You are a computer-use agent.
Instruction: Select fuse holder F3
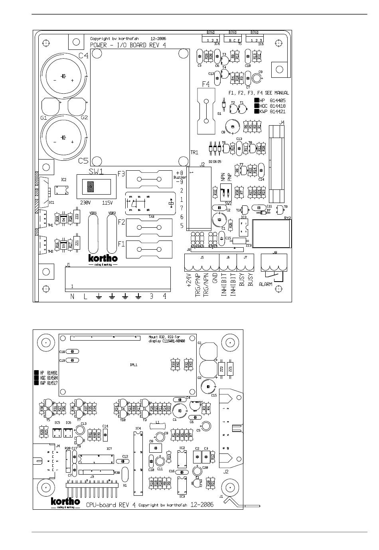click(148, 179)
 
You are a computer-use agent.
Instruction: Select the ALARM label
click(265, 284)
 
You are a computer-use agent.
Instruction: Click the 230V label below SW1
click(86, 202)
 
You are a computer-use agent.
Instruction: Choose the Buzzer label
click(180, 177)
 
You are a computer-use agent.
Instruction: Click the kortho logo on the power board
click(103, 259)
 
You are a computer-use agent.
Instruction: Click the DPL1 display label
click(134, 365)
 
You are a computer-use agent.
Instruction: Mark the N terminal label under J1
click(72, 296)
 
